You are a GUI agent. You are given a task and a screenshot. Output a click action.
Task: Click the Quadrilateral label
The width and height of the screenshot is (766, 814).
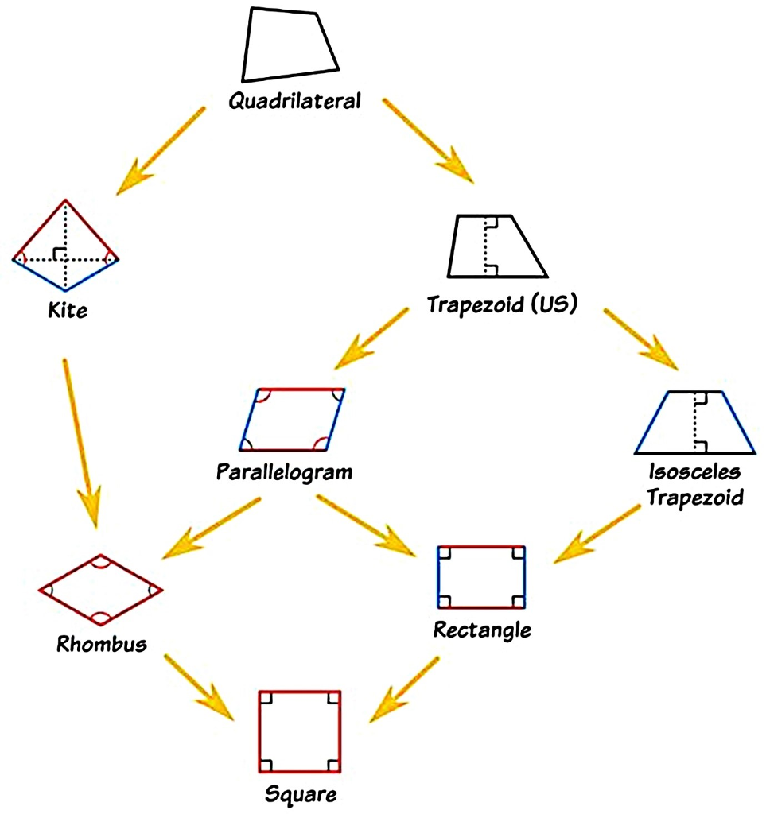coord(294,101)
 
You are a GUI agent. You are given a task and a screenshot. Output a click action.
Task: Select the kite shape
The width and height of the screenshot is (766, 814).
coord(65,245)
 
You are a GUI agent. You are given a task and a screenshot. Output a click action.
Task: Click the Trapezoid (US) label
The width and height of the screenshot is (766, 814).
coord(500,304)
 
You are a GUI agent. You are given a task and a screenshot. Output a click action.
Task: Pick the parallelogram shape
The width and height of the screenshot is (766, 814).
coord(293,420)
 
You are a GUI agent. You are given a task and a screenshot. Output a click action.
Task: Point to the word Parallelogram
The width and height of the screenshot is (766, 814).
coord(284,472)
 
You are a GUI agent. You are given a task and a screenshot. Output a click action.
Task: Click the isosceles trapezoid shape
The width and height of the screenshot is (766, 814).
coord(694,423)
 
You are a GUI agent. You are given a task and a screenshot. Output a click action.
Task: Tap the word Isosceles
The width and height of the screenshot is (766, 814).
coord(694,472)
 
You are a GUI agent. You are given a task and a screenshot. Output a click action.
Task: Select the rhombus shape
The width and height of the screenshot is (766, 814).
coord(100,589)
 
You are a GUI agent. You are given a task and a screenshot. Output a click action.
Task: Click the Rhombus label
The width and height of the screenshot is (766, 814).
coord(102,643)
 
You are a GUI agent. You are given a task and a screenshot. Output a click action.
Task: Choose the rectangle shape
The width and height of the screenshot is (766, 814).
coord(482,576)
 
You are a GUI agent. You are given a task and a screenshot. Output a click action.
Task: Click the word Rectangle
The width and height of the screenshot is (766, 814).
coord(482,630)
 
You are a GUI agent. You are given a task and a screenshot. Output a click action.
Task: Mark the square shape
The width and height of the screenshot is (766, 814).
coord(300,731)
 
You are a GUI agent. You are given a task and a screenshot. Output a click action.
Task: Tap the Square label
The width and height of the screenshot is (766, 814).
coord(301,793)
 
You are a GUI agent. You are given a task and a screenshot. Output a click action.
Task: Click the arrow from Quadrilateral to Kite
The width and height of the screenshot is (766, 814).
coord(162,149)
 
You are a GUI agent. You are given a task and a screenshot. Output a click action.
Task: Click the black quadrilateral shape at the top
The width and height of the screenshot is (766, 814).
coord(290,45)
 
